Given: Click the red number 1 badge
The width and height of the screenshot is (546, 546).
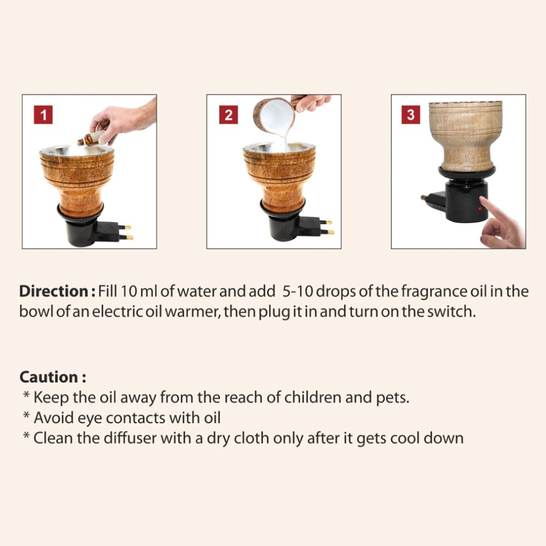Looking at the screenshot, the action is [x=43, y=115].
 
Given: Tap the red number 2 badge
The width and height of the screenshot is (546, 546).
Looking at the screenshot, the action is [x=228, y=115].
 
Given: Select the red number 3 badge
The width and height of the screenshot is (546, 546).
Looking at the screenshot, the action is [x=411, y=115].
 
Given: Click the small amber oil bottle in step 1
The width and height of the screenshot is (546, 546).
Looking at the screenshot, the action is [x=91, y=139].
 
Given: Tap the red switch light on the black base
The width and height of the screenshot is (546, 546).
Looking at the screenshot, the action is [x=480, y=209].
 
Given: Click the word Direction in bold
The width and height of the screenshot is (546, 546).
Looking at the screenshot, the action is [x=54, y=291].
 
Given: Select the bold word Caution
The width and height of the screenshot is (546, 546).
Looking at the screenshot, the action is [x=49, y=377].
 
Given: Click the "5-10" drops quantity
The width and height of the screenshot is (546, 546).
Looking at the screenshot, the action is [x=298, y=291].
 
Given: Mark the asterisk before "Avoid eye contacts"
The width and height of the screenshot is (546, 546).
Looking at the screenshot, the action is [x=26, y=416].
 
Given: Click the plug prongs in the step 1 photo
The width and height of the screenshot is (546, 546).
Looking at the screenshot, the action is [x=126, y=233].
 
